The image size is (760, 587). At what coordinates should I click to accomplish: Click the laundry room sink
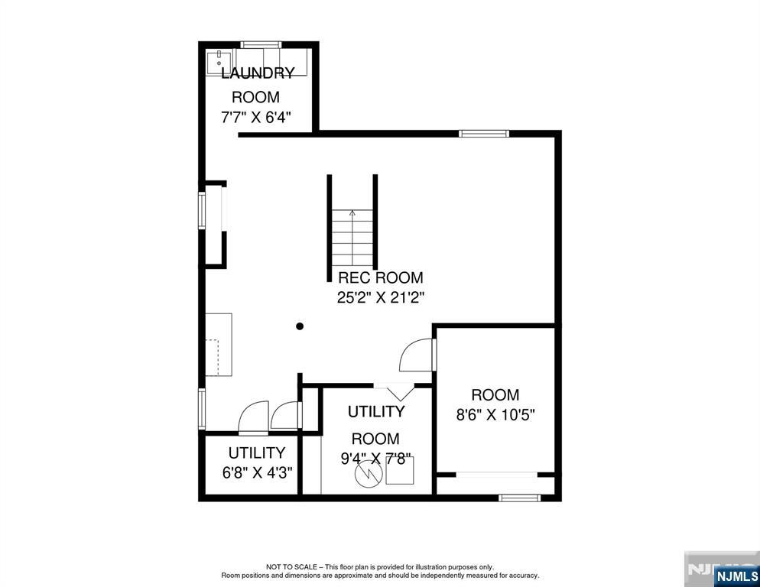point(219,63)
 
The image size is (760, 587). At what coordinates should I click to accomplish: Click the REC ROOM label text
point(381,277)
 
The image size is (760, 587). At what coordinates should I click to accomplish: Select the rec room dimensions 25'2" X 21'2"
point(381,297)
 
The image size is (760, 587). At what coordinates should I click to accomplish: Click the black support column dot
point(300,326)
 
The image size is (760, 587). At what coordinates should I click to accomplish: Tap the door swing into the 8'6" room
point(417,355)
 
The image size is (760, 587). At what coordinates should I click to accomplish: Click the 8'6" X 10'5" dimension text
point(495,415)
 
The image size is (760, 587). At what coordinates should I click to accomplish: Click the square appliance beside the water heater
point(400,470)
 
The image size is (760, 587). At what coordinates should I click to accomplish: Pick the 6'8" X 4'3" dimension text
point(258,472)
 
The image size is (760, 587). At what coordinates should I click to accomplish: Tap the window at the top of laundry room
point(261,44)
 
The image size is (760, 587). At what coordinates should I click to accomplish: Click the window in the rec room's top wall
point(484,134)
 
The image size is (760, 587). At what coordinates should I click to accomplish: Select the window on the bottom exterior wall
point(520,498)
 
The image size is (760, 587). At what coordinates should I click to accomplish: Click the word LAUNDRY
point(258,73)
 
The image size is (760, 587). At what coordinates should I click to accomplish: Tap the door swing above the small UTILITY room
point(254,417)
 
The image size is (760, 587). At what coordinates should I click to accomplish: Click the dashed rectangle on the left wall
point(213,357)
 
